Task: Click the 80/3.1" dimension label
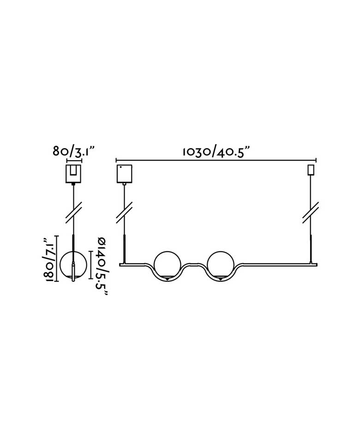pos(74,151)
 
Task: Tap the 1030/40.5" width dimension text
pos(217,152)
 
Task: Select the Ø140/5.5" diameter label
pos(102,266)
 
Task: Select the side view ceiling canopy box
pos(73,174)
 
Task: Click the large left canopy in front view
pos(124,174)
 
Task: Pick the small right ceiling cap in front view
pos(311,170)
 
